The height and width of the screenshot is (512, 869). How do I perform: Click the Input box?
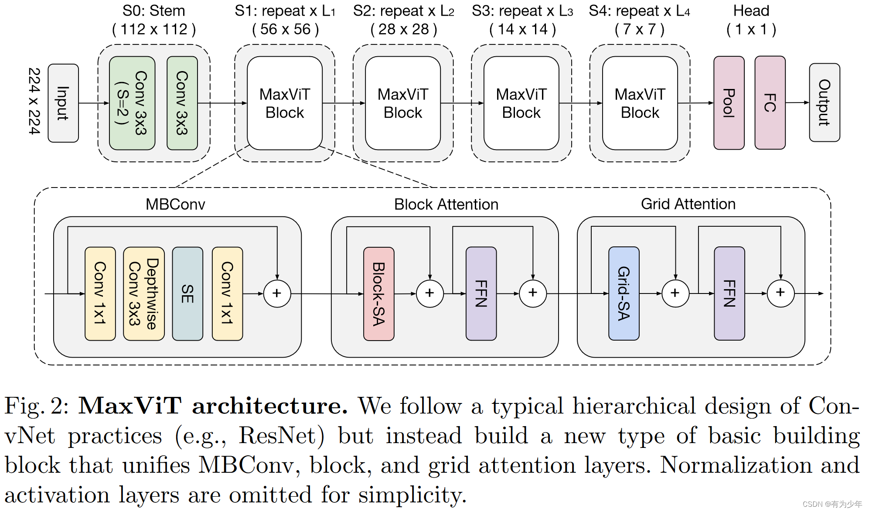point(63,103)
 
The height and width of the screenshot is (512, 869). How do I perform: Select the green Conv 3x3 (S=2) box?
point(132,103)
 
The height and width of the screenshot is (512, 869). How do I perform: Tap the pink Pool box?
point(729,103)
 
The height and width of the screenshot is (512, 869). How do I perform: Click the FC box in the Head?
point(770,103)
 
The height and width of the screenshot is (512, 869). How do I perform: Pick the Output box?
point(824,103)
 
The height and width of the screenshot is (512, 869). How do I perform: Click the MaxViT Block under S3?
point(521,103)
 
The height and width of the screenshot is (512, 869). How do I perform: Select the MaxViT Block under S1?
point(285,103)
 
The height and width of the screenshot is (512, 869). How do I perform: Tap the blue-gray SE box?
point(187,294)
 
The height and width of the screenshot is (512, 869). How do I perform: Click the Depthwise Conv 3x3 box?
point(143,294)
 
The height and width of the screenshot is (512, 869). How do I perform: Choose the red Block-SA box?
point(378,294)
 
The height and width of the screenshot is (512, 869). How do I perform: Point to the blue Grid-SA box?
point(624,294)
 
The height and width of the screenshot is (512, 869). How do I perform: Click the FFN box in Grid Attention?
point(729,294)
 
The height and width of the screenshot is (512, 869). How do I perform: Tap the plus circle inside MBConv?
point(277,293)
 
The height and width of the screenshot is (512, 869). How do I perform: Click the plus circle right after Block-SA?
point(429,293)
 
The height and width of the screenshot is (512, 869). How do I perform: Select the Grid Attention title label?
point(688,204)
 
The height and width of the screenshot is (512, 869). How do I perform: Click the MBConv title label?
point(175,204)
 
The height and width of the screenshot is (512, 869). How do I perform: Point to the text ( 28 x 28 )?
point(404,30)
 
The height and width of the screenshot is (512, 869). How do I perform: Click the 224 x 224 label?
point(34,101)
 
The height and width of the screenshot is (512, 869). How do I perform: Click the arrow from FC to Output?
point(797,103)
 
